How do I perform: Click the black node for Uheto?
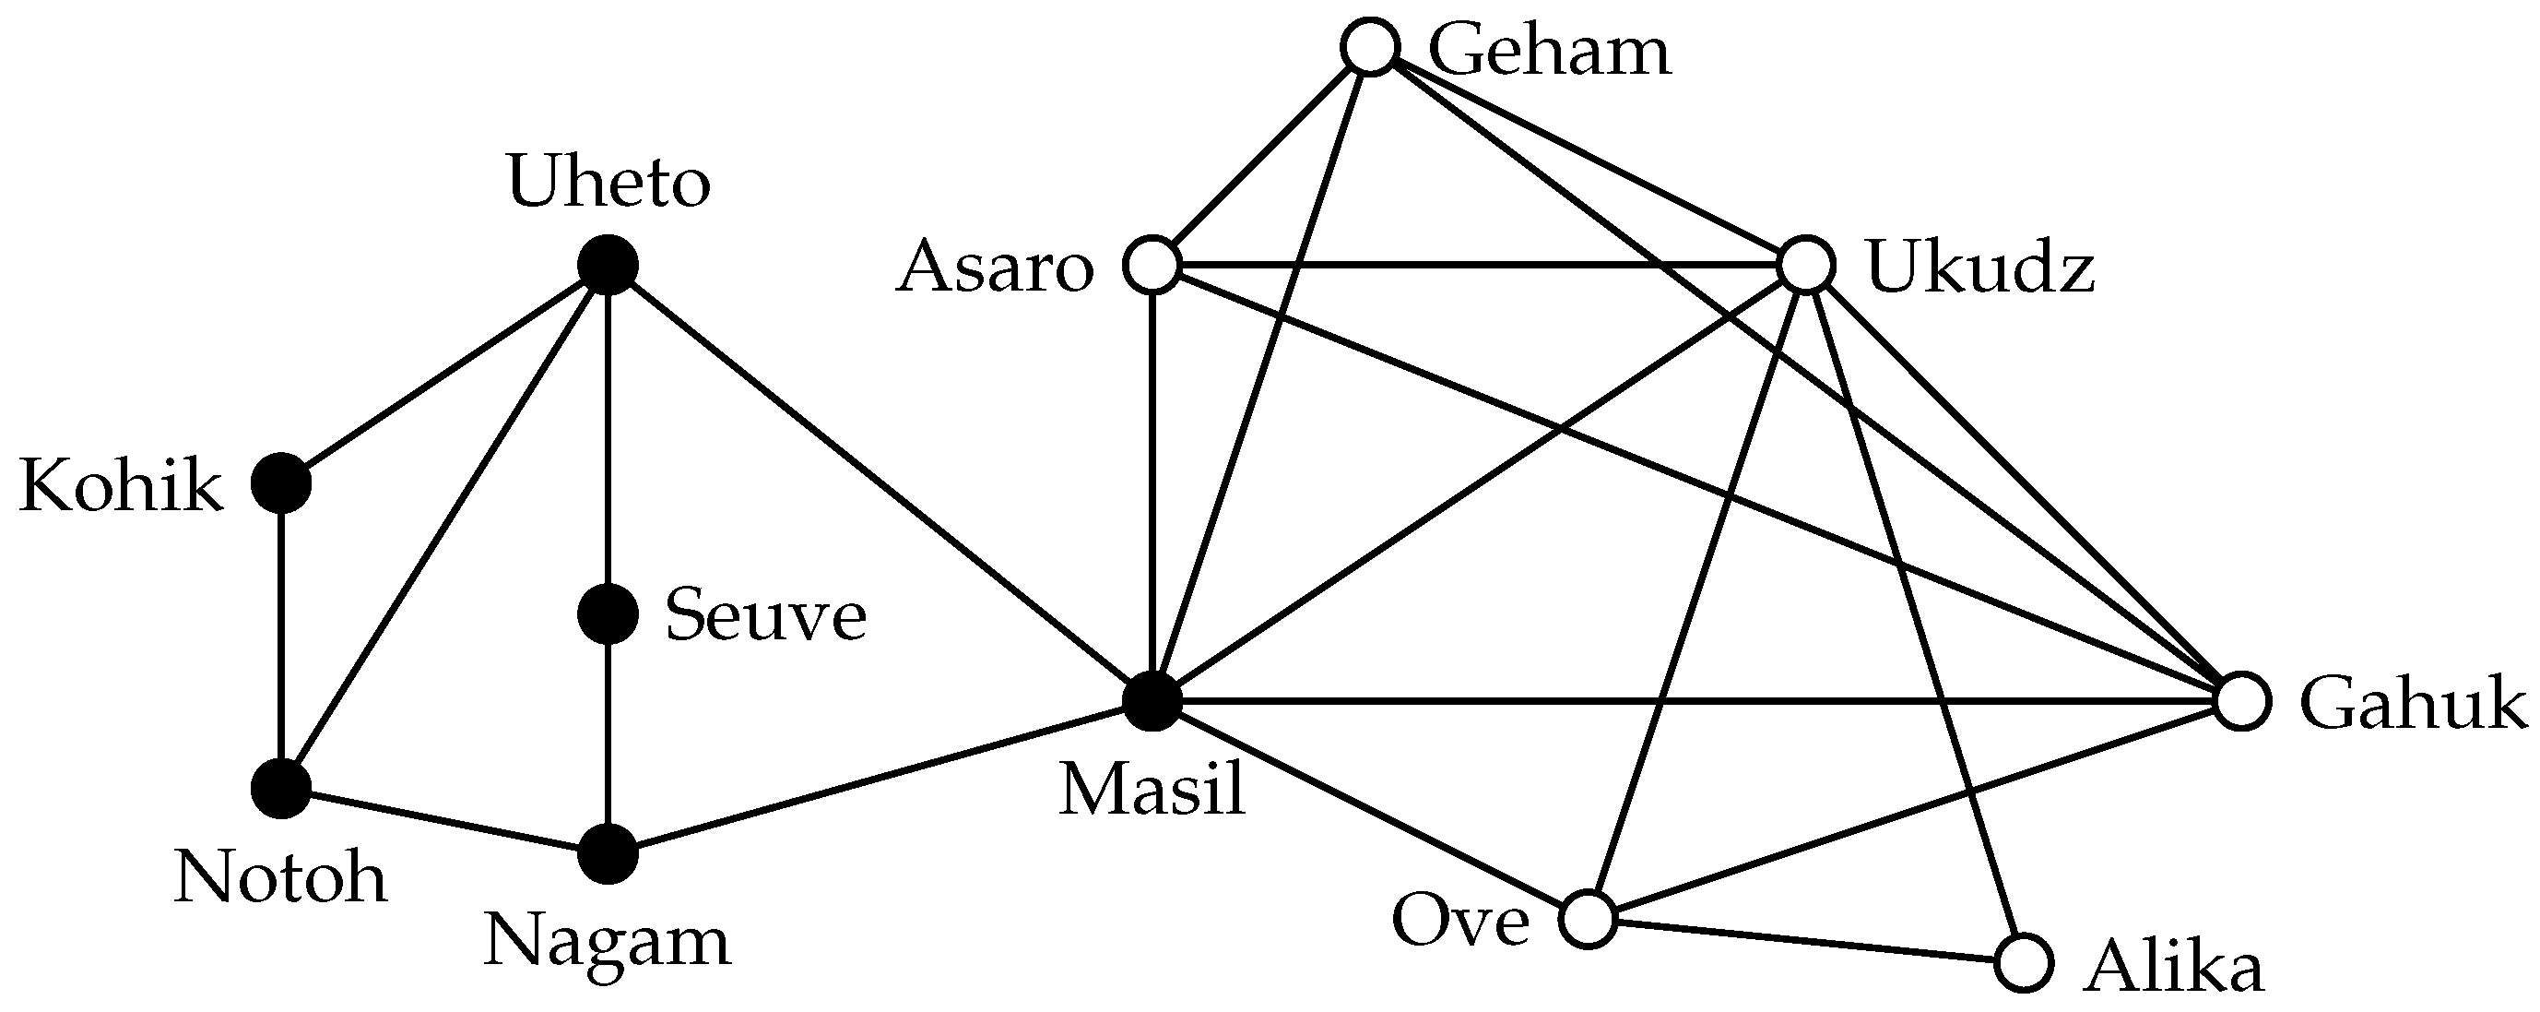click(608, 266)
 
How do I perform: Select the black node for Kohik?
click(282, 483)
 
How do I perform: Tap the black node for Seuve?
click(608, 614)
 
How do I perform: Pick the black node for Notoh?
click(282, 789)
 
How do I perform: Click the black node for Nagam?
click(608, 854)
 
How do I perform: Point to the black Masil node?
click(1152, 702)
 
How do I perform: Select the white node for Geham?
click(1371, 47)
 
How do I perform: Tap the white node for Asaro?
click(1152, 266)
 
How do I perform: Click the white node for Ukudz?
click(1806, 266)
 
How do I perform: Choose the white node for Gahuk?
click(2243, 702)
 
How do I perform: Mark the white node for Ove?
click(1589, 919)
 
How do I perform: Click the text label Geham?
click(1549, 52)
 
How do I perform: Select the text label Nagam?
click(608, 943)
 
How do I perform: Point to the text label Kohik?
click(122, 486)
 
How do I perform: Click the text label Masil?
click(1152, 791)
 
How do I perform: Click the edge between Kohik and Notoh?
click(282, 637)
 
